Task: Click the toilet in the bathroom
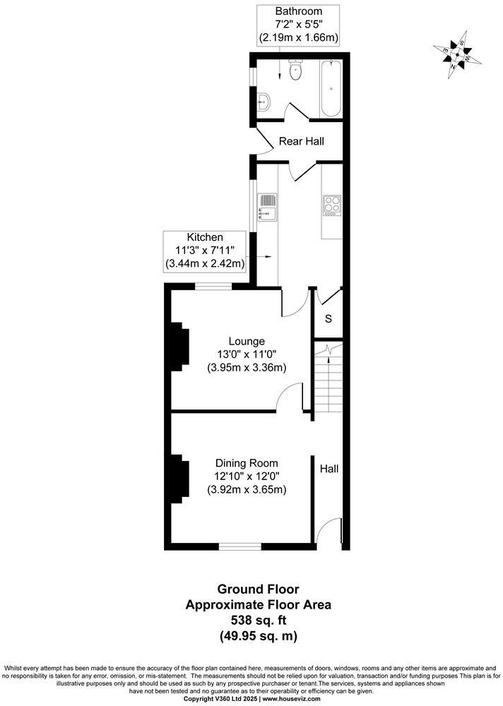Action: click(295, 70)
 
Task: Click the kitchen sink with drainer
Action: click(268, 207)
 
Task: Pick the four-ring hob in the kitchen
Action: click(332, 204)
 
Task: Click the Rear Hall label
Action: click(301, 141)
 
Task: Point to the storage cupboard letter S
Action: click(328, 318)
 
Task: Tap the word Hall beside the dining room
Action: click(329, 468)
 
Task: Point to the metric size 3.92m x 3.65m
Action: click(246, 489)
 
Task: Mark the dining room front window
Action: click(239, 545)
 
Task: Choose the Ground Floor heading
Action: click(257, 589)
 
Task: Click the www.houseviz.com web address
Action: click(292, 699)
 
